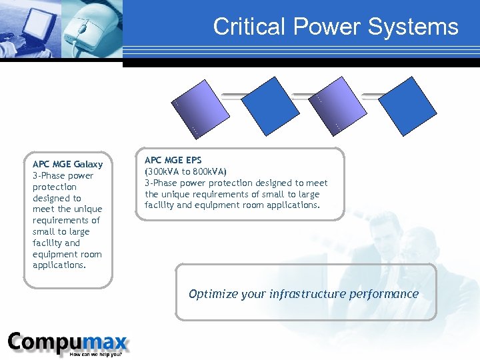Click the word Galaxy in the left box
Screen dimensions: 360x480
pos(88,164)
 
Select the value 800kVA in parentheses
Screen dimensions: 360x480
pos(207,171)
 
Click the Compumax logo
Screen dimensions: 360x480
pos(67,343)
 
